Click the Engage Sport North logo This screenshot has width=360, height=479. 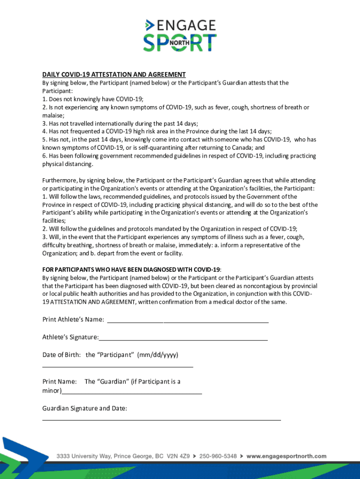[x=180, y=35]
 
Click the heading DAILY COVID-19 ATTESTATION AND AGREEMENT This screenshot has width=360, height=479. [x=114, y=75]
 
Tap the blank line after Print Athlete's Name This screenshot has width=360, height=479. [x=188, y=321]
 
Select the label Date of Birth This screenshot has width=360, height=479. [x=61, y=355]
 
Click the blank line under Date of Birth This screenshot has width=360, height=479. [x=117, y=367]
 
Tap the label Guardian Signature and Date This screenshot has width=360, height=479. [x=85, y=408]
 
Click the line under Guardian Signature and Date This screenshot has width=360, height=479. [x=161, y=420]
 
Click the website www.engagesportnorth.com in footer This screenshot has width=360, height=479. [x=287, y=456]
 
